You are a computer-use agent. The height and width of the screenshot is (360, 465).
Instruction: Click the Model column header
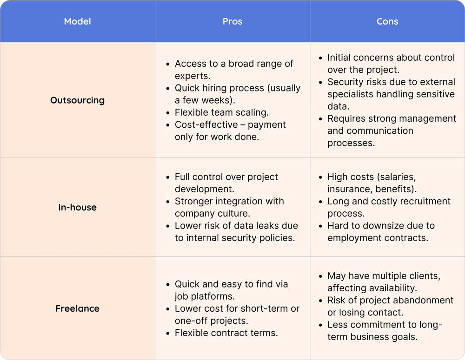tap(77, 21)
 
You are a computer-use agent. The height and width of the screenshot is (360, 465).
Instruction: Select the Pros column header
tap(232, 21)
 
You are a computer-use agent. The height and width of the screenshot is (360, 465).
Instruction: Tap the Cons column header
tap(387, 21)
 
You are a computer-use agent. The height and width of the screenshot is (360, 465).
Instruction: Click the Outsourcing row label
tap(77, 100)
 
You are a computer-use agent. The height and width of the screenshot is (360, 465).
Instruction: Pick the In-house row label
tap(77, 208)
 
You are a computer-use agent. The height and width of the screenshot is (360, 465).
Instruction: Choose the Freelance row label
tap(77, 308)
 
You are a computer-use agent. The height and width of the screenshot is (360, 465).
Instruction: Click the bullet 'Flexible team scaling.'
tap(222, 112)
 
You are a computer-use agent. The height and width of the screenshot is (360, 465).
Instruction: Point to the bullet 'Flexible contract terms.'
tap(226, 333)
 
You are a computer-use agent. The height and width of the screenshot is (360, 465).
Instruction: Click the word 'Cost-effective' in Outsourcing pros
tap(206, 125)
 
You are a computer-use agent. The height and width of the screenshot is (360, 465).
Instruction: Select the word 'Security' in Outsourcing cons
tap(345, 82)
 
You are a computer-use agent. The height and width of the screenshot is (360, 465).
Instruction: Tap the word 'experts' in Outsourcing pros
tap(193, 76)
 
